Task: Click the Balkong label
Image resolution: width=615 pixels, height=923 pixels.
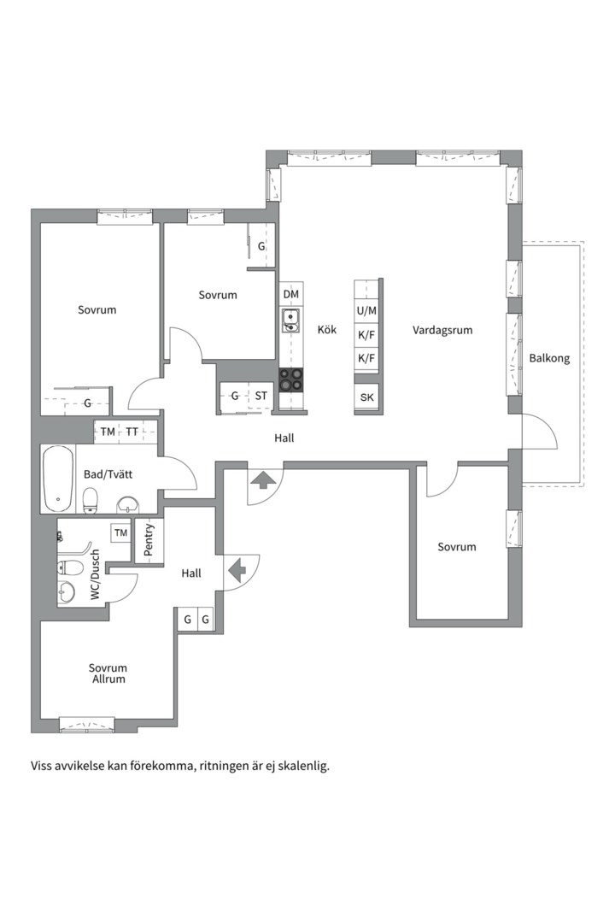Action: tap(549, 358)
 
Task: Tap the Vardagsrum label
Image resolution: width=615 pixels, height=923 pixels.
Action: tap(442, 330)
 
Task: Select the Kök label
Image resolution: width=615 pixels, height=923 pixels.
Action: tap(327, 330)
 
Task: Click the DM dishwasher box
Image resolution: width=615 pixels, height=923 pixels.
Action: tap(290, 294)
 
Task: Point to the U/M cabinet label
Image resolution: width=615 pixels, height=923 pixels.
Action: tap(366, 311)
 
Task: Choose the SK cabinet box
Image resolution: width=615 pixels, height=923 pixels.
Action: tap(366, 397)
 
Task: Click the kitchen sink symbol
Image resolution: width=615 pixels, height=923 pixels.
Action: tap(290, 320)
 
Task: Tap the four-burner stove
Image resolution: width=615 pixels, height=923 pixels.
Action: tap(290, 379)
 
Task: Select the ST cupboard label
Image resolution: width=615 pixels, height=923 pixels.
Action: tap(261, 397)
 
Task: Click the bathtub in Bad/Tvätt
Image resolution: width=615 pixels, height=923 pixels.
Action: tap(58, 479)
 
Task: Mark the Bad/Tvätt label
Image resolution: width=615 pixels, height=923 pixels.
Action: tap(108, 474)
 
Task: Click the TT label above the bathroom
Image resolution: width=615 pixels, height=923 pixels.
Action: tap(132, 432)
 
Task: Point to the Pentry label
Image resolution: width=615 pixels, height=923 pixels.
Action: tap(149, 540)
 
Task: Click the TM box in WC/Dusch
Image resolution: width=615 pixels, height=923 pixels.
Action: tap(120, 532)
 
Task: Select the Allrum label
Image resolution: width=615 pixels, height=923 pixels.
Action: tap(108, 679)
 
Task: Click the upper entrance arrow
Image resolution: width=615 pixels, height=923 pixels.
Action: tap(263, 479)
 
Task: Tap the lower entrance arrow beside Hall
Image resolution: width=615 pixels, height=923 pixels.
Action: tap(237, 570)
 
